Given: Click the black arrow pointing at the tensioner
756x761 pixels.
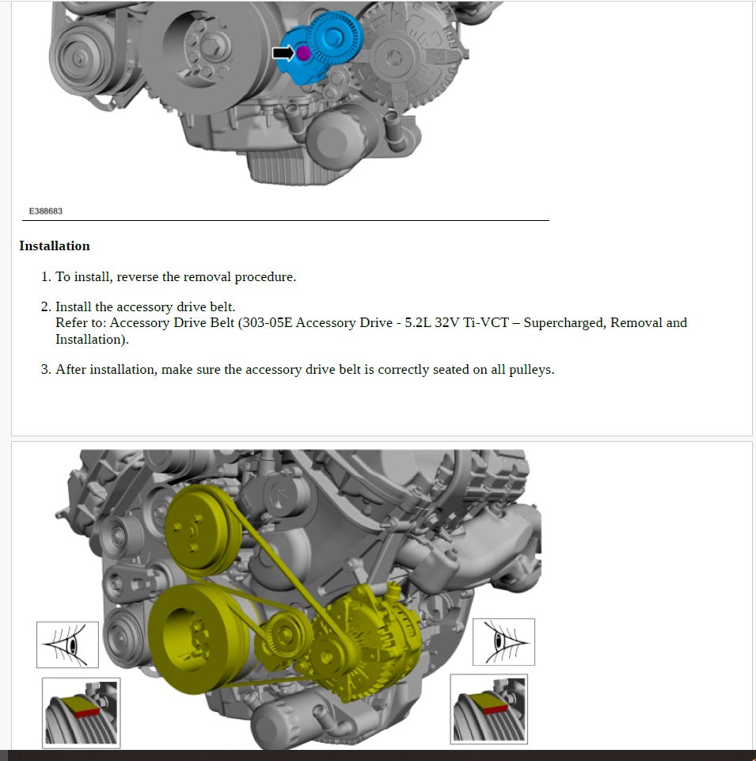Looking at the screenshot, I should pos(283,53).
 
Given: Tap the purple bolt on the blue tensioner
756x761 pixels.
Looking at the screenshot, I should pos(302,53).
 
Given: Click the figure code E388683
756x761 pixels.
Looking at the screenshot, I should pos(46,211).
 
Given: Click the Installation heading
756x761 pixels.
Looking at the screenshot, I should pos(55,246).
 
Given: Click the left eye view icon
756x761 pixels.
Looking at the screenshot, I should pos(67,644).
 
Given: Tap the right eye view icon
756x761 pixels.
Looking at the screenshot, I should pos(503,642).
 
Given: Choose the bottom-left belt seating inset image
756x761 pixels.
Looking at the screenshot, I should pos(81,713).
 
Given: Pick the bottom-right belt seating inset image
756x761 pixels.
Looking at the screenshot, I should pos(488,710).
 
